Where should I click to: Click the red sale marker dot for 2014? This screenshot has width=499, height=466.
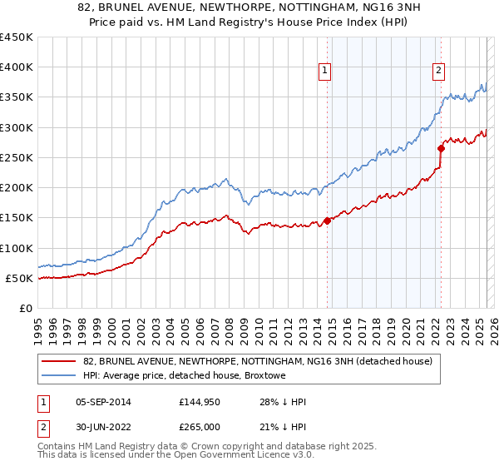tap(327, 221)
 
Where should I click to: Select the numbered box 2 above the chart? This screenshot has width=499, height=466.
tap(437, 71)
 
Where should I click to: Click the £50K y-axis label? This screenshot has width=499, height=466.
tap(19, 278)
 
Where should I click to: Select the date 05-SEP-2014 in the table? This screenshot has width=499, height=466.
tap(103, 403)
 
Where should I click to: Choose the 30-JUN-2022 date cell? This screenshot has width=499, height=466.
tap(103, 427)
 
